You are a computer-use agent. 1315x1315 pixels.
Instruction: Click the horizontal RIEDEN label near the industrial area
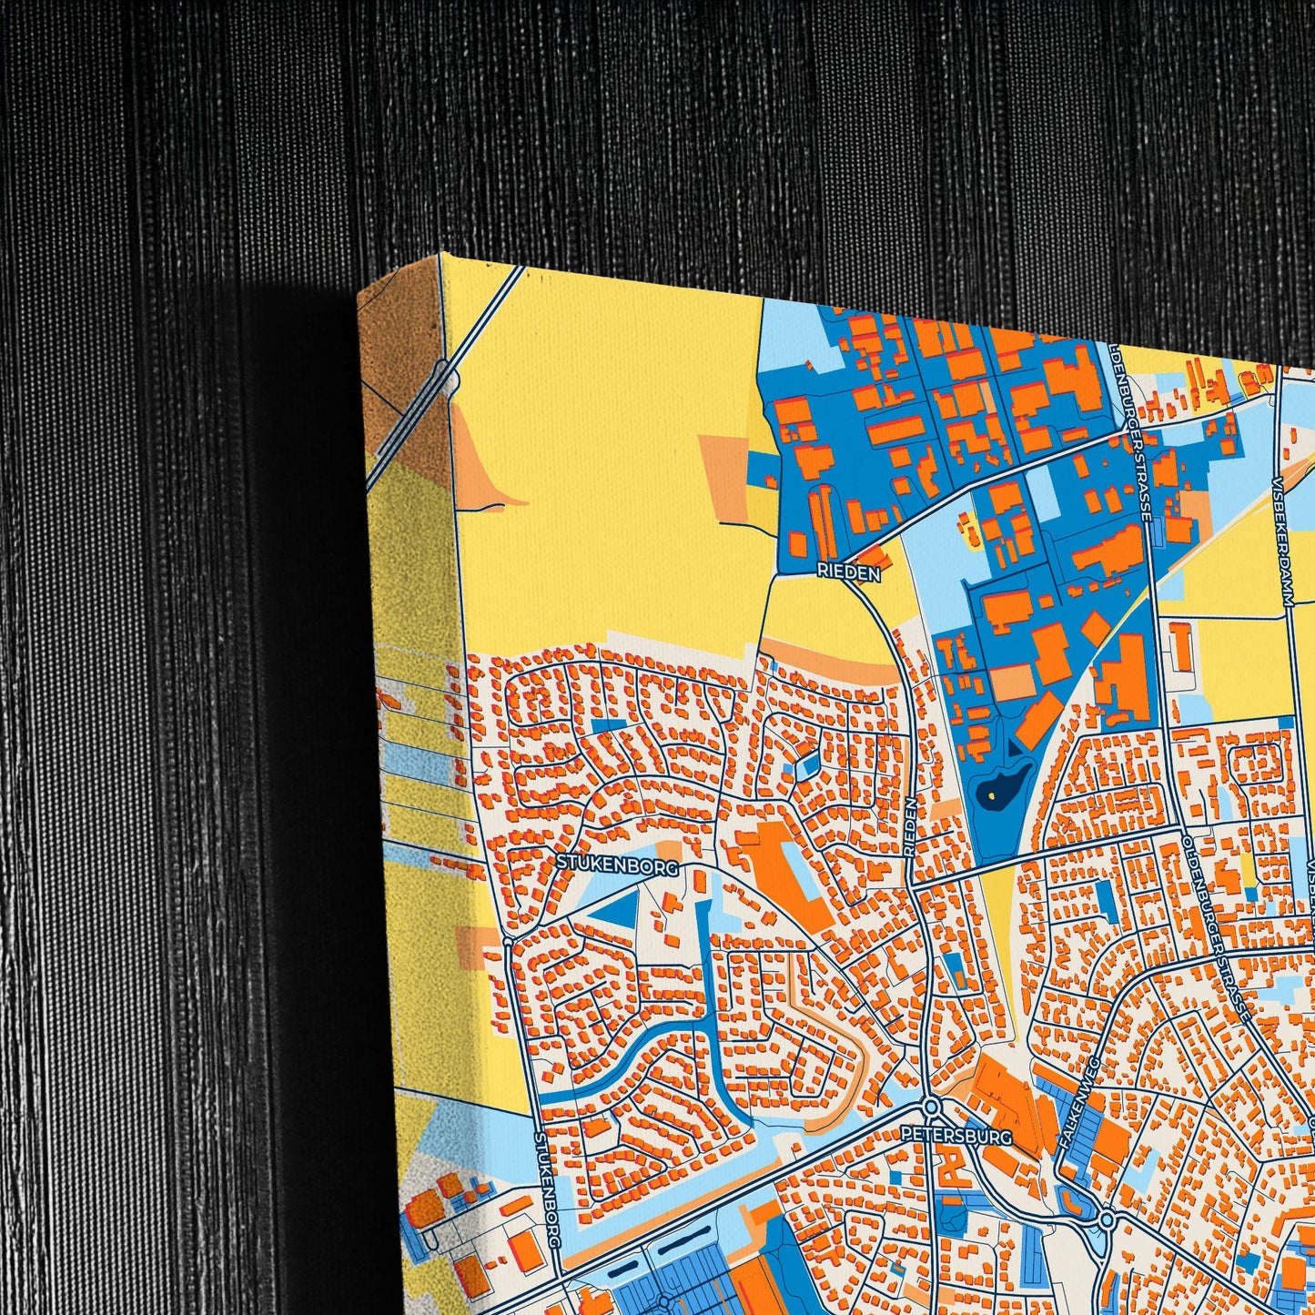(x=848, y=573)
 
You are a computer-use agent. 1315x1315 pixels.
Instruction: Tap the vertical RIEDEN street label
(x=911, y=826)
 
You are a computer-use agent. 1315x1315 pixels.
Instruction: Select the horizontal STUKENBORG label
(x=618, y=865)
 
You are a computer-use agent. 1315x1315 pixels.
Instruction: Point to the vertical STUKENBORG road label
(x=546, y=1187)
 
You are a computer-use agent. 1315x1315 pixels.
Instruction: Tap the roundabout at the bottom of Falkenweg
(x=1107, y=1218)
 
